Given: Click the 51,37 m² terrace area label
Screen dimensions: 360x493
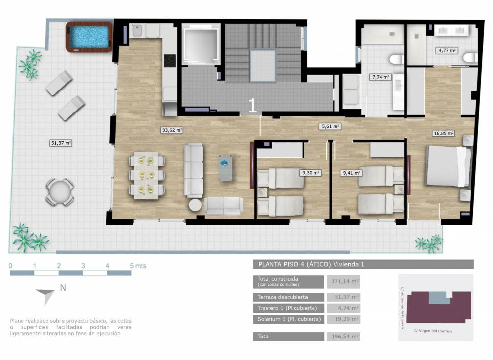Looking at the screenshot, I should coord(61,143).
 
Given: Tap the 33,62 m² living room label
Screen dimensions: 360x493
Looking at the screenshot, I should coord(172,130).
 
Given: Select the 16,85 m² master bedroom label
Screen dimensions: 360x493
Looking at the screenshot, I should coord(444,133).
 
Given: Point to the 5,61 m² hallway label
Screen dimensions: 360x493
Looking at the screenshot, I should coord(330,126).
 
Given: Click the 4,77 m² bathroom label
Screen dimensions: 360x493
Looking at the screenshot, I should coord(447,50).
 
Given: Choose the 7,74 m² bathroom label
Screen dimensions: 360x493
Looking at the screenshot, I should coord(380,77).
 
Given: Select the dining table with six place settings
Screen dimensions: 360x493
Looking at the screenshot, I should coord(146,175).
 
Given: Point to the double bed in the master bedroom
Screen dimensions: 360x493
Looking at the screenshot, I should coord(447,166).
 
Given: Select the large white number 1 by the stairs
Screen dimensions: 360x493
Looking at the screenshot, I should coord(253,106).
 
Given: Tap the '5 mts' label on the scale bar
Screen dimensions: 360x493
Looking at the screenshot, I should coord(137,266).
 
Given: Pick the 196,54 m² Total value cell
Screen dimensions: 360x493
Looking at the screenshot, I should coord(342,337).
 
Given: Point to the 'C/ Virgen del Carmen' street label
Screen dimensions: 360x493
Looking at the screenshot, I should coord(432,331).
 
